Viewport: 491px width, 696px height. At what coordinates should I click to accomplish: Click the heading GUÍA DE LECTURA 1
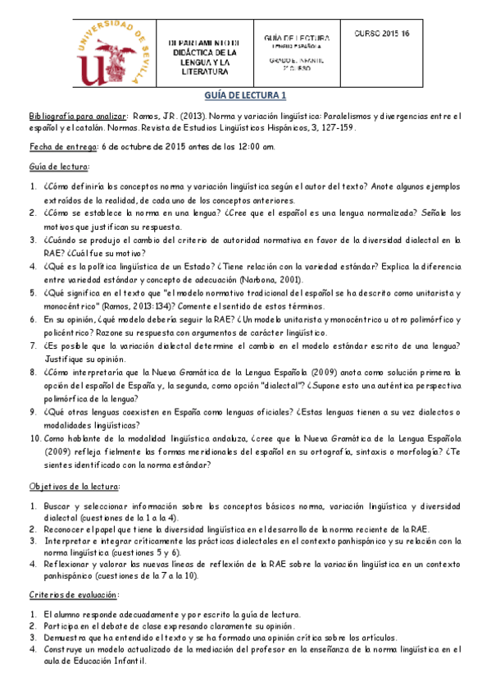(245, 95)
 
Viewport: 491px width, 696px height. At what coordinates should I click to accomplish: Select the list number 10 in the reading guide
(34, 439)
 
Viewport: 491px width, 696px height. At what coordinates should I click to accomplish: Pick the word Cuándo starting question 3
(66, 240)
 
